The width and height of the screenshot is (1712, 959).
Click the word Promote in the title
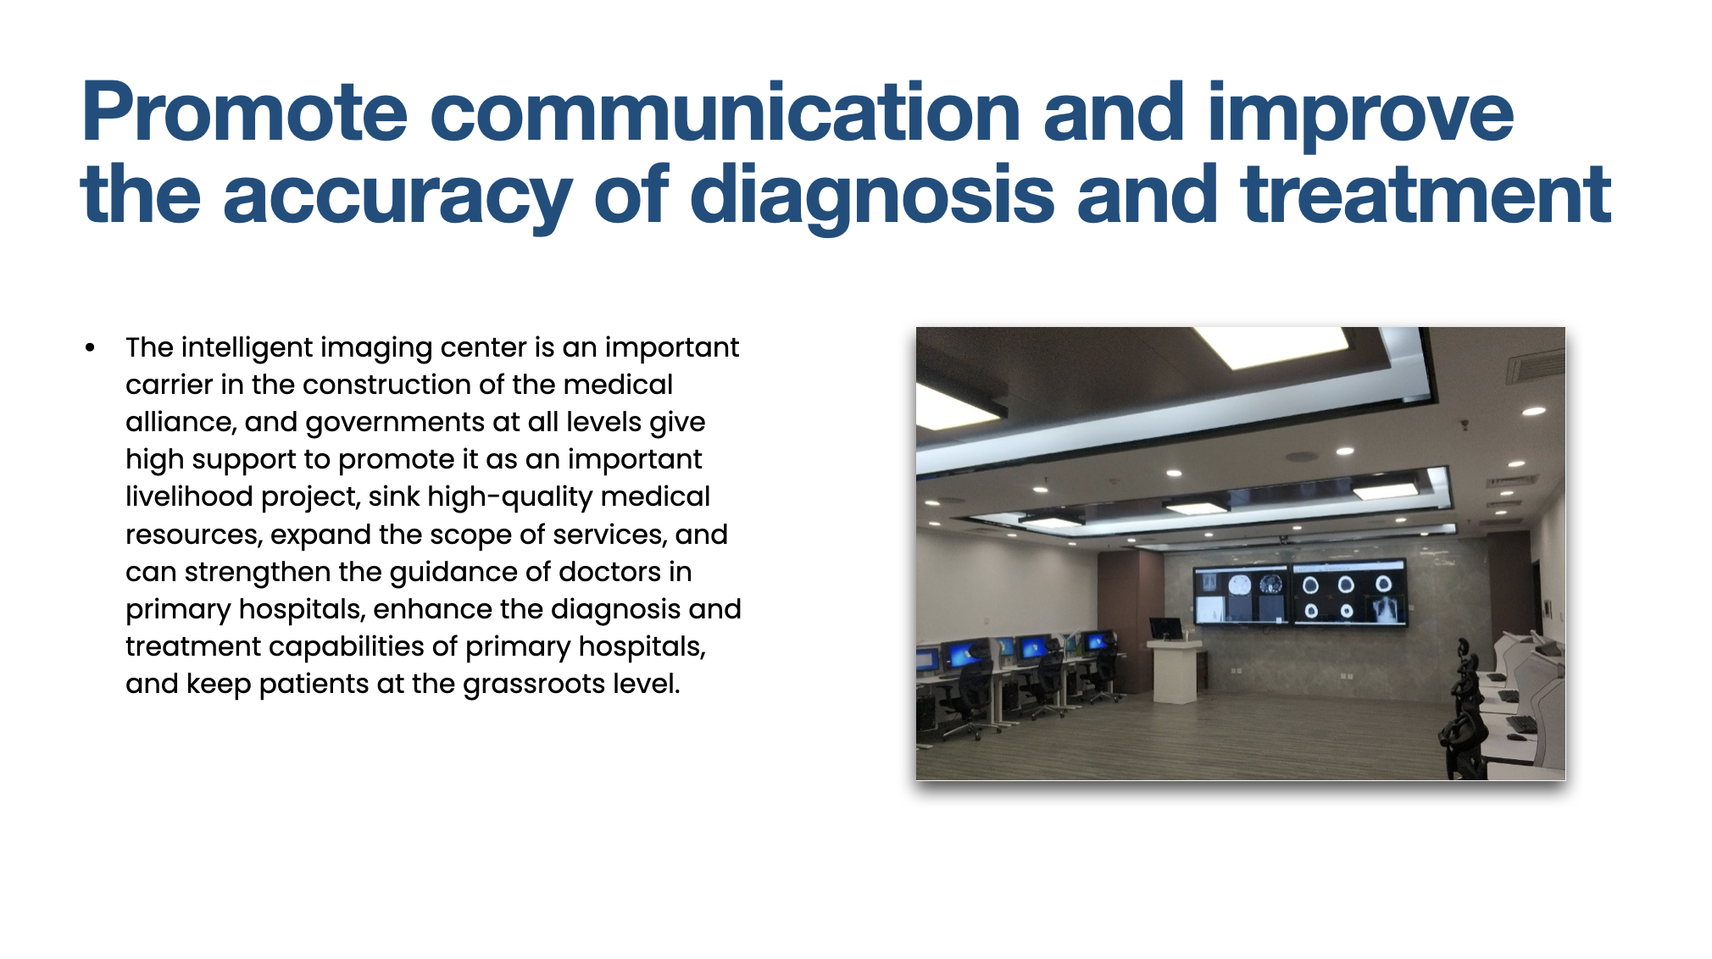coord(244,112)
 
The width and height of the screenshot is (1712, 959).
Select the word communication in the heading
coord(725,112)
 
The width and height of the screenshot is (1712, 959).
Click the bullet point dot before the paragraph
coord(90,347)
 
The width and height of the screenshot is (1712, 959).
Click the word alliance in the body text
coord(181,422)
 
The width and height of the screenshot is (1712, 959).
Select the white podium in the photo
coord(1175,671)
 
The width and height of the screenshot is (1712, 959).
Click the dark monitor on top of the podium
coord(1165,629)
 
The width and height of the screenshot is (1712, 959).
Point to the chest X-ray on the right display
coord(1385,610)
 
